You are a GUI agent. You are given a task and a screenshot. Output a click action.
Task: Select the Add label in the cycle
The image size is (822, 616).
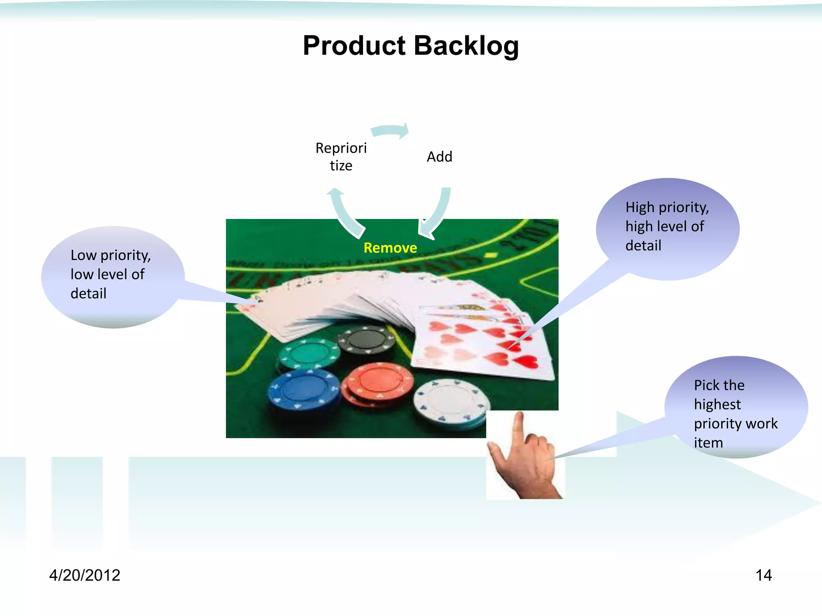[439, 157]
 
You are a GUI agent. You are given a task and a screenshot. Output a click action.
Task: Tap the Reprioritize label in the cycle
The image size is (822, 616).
[341, 157]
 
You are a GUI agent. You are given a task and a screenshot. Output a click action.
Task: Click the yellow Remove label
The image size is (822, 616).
[390, 248]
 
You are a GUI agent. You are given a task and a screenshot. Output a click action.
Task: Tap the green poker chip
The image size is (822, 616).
[309, 353]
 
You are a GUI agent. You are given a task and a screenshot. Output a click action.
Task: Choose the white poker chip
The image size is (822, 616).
[452, 401]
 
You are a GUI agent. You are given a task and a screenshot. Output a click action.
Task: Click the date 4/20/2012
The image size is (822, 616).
[85, 575]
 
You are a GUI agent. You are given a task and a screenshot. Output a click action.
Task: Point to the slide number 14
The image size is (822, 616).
[763, 575]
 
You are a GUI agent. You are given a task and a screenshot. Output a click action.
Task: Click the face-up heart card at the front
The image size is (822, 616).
[482, 345]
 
